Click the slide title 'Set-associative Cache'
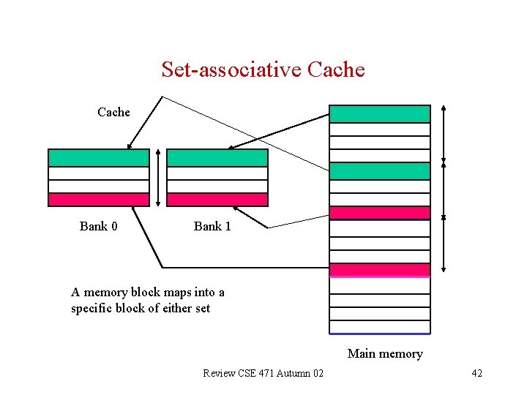tap(263, 69)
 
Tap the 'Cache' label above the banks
tap(113, 112)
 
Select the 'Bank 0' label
tap(99, 226)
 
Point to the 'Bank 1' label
tap(212, 226)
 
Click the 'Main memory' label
tap(385, 354)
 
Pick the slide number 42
tap(476, 374)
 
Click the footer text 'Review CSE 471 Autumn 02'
tap(263, 374)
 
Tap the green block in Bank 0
tap(98, 158)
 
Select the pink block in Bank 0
tap(98, 200)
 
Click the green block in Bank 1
tap(217, 158)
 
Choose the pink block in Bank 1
tap(217, 200)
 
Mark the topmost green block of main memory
tap(379, 113)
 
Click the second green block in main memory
tap(379, 170)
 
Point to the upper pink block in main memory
tap(379, 213)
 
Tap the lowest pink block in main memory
tap(379, 269)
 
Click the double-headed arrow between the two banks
tap(158, 178)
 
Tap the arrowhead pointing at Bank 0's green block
tap(130, 146)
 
